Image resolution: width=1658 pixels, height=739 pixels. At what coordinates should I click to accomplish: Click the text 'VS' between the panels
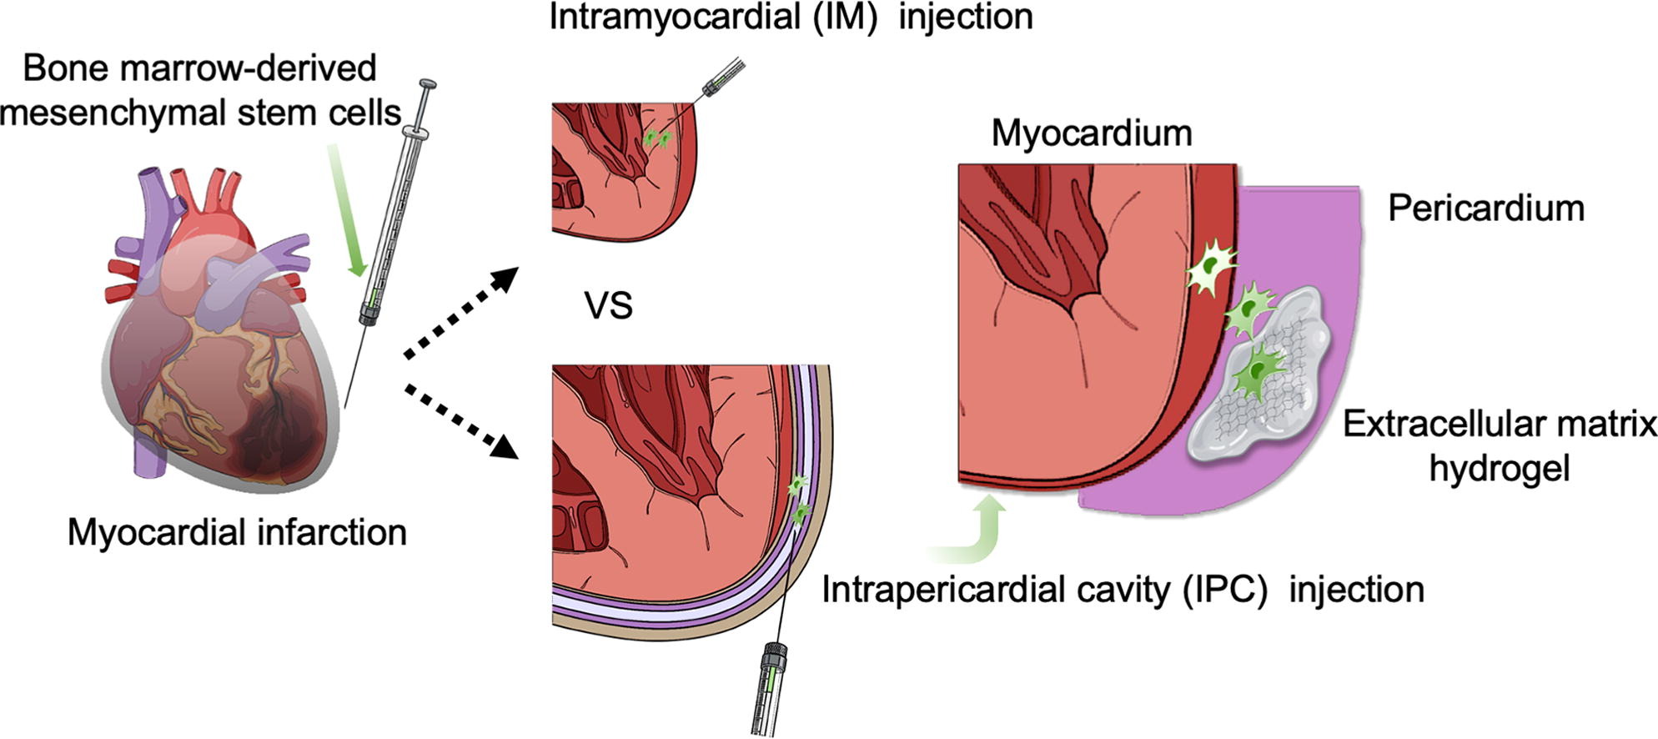(x=608, y=306)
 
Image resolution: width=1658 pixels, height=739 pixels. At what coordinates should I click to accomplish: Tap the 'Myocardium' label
(x=1091, y=133)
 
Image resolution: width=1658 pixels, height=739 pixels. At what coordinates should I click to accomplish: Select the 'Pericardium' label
(x=1485, y=209)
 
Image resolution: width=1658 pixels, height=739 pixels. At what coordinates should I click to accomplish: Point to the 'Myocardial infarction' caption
(x=237, y=532)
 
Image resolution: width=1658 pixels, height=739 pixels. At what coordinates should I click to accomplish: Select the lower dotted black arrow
(x=461, y=421)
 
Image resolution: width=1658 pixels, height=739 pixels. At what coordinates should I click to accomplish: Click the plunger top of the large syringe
(x=426, y=85)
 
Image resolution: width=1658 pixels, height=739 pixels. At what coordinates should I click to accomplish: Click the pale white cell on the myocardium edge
(x=1211, y=268)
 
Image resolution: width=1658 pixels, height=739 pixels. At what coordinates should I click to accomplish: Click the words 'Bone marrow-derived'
(x=200, y=68)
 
